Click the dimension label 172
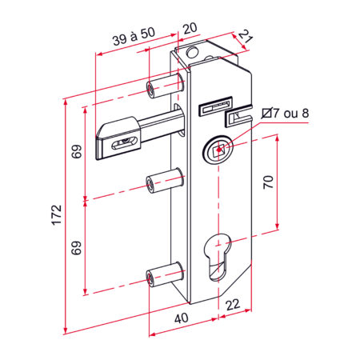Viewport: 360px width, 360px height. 57,215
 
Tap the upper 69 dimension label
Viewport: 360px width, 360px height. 77,151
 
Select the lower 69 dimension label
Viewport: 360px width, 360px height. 76,248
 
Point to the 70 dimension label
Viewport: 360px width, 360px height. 268,182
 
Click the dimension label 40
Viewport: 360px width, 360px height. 182,318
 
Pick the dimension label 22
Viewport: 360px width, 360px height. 233,304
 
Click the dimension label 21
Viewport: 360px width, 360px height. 246,37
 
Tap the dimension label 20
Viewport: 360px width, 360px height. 190,28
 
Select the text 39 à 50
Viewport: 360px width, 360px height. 134,36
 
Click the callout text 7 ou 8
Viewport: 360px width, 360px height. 291,114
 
